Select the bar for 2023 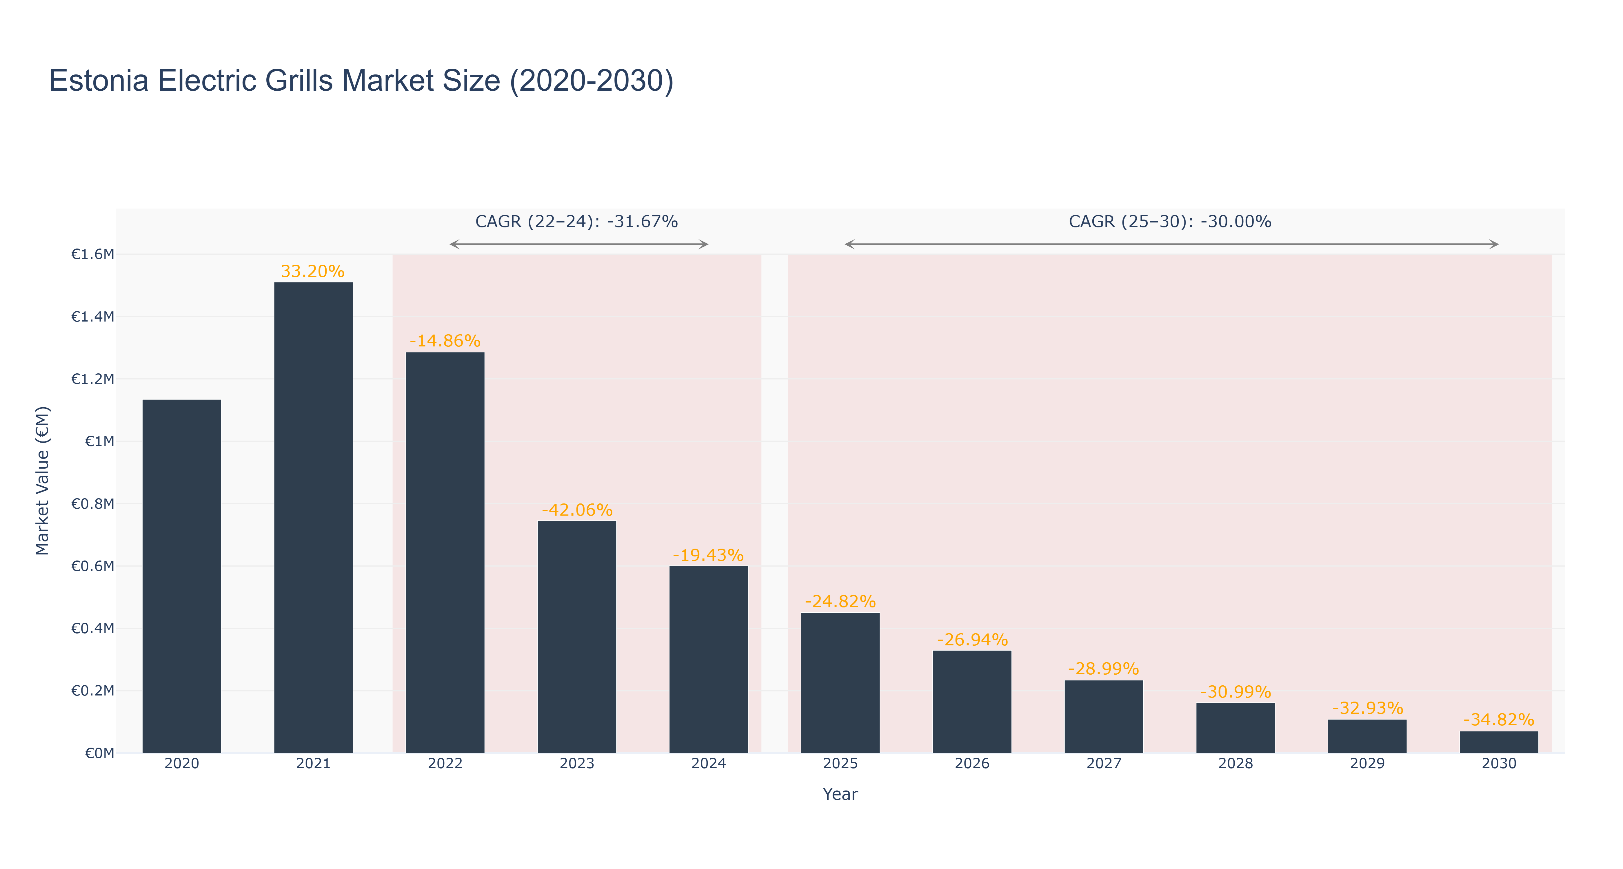576,637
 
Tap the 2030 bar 1499,742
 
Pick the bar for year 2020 181,576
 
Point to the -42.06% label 576,510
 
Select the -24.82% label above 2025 840,601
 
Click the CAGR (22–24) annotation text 576,222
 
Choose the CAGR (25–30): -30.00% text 1170,222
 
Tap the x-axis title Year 840,794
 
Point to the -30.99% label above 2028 1236,692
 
